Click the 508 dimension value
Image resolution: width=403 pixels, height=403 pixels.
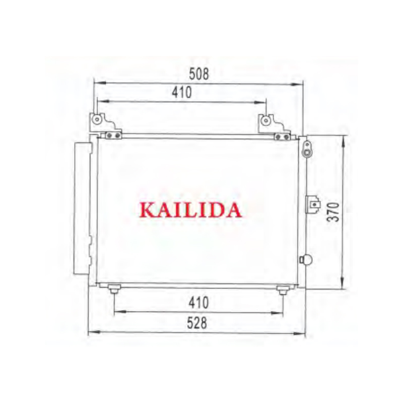pyautogui.click(x=199, y=74)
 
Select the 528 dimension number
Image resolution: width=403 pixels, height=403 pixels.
pyautogui.click(x=197, y=323)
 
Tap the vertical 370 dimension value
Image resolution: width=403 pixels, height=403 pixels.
pyautogui.click(x=333, y=212)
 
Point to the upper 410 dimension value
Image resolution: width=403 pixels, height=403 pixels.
pyautogui.click(x=182, y=92)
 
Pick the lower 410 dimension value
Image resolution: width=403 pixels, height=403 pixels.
pyautogui.click(x=198, y=303)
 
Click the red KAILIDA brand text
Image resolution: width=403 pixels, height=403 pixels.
pyautogui.click(x=190, y=210)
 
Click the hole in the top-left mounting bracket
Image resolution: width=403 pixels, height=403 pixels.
pyautogui.click(x=97, y=119)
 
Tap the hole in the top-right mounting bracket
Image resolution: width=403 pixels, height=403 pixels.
pyautogui.click(x=266, y=120)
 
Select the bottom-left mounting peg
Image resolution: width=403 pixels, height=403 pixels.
pyautogui.click(x=114, y=289)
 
